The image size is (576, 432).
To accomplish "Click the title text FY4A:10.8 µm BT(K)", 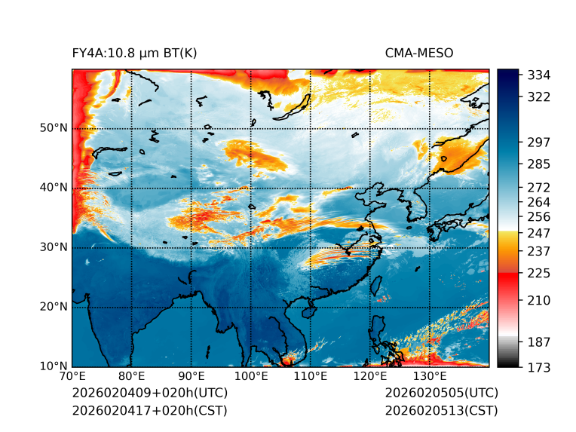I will (x=134, y=54).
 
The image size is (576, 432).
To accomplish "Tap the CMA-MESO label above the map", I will (x=419, y=54).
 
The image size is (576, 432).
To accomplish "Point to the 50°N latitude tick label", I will (x=54, y=128).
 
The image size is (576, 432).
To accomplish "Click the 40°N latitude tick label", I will (x=54, y=188).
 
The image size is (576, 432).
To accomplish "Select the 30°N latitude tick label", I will (x=54, y=247).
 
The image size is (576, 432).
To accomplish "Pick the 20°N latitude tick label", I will (x=54, y=307).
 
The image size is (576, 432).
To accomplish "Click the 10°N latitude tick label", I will (x=54, y=366).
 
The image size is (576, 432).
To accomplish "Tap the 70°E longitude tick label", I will (x=72, y=377).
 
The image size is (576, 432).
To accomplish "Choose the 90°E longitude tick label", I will (x=191, y=377).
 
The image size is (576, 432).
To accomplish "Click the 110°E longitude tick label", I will (x=311, y=377).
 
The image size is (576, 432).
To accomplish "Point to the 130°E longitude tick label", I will (x=430, y=377).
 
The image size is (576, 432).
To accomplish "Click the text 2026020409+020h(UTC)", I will (x=149, y=394).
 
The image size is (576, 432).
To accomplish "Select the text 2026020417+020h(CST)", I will (x=149, y=410).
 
